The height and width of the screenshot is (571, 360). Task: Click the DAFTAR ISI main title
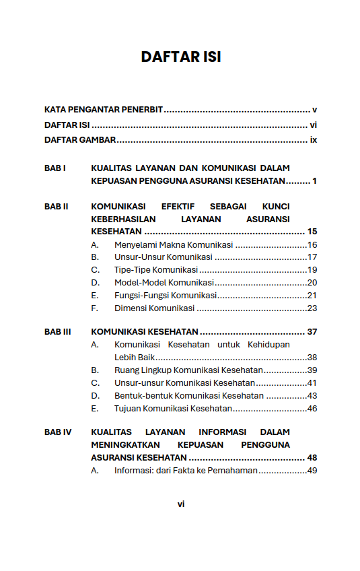click(x=180, y=57)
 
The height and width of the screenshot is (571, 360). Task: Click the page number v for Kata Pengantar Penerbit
click(x=314, y=109)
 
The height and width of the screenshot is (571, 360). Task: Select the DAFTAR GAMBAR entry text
click(x=80, y=140)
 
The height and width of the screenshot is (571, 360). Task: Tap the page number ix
click(x=313, y=140)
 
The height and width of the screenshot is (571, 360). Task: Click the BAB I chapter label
click(x=55, y=168)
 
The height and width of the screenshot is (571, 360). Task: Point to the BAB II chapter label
click(x=57, y=206)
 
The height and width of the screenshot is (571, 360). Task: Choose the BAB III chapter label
click(x=58, y=331)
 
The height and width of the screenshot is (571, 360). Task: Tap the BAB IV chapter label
click(x=58, y=432)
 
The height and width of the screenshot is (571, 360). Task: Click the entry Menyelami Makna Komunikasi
click(x=174, y=244)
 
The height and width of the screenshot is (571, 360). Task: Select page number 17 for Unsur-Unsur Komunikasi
click(x=312, y=257)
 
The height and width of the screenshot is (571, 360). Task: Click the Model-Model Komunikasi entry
click(x=164, y=283)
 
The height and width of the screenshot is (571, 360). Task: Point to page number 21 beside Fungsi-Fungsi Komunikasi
click(x=312, y=296)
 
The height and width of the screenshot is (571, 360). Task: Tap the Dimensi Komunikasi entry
click(x=154, y=308)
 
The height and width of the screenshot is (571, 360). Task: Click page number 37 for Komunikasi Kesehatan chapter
click(x=312, y=331)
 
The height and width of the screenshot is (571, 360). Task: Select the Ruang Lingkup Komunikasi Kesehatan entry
click(x=188, y=370)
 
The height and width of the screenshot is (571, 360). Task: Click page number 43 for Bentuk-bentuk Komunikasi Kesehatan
click(x=312, y=396)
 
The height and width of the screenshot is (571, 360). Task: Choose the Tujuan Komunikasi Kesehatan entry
click(x=173, y=409)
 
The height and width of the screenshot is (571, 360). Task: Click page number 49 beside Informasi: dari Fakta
click(x=312, y=471)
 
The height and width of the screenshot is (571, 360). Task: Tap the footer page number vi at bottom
click(x=180, y=504)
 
